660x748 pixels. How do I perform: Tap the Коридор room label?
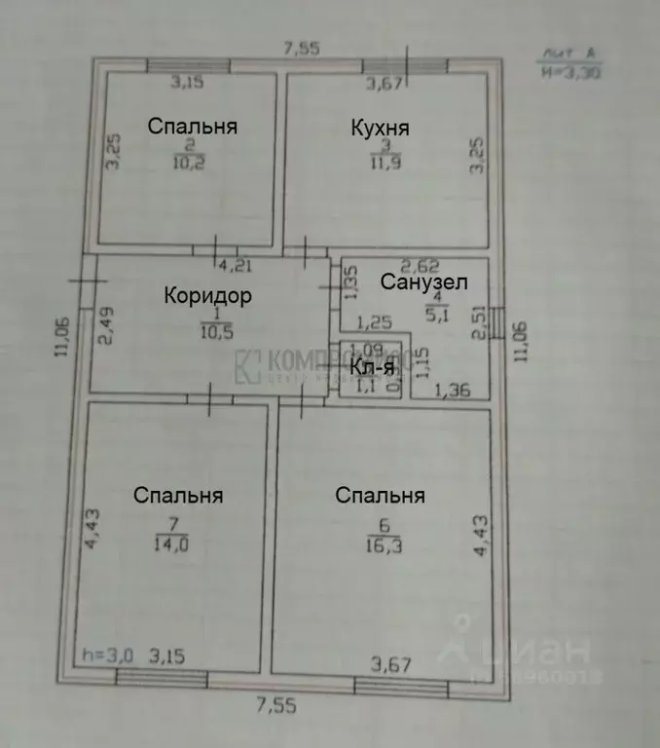point(207,295)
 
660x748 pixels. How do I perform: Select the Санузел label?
point(424,282)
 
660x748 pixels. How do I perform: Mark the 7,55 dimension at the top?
point(302,46)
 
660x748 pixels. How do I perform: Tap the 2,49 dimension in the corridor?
point(105,326)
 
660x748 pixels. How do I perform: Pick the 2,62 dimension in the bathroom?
point(422,264)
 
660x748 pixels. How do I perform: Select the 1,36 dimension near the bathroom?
point(451,391)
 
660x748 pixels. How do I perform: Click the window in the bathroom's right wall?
point(496,321)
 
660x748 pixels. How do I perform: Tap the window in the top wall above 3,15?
point(189,66)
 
